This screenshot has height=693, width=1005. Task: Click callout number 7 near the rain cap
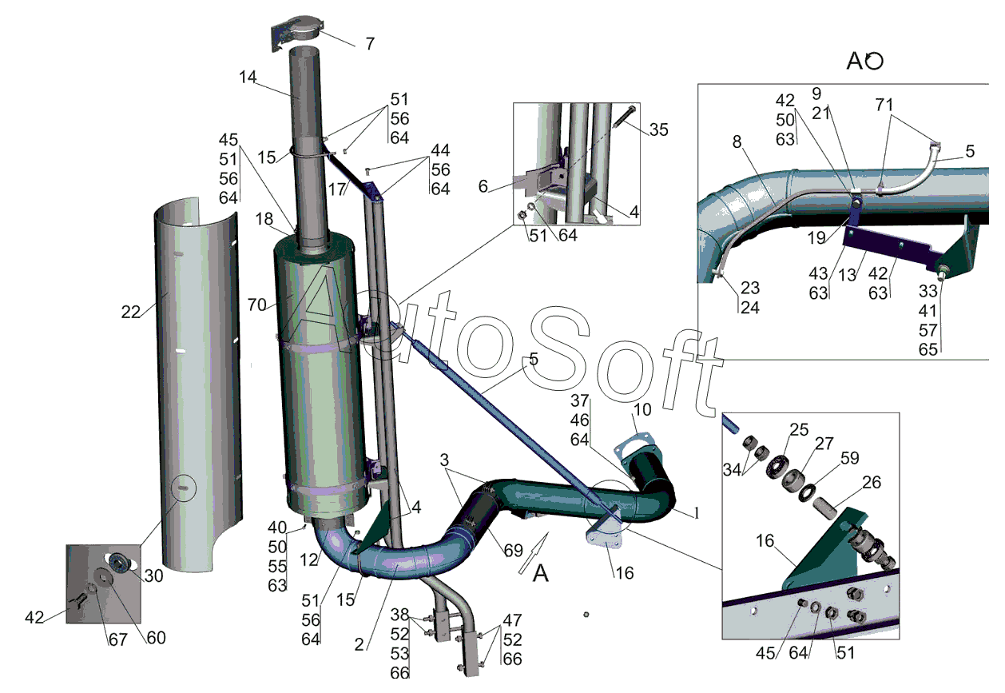[x=370, y=44]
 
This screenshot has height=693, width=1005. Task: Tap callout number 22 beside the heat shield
[x=130, y=312]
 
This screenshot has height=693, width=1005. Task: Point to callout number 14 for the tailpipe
[x=248, y=78]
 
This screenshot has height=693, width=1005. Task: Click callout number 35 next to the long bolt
[x=658, y=129]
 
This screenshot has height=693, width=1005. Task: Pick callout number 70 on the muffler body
[x=257, y=305]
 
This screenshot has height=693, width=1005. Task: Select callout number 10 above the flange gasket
[x=642, y=409]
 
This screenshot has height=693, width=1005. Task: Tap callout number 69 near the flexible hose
[x=513, y=550]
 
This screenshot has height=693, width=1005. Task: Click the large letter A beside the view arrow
[x=540, y=573]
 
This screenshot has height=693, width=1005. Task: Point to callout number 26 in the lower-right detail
[x=872, y=482]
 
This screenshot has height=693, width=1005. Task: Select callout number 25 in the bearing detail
[x=799, y=429]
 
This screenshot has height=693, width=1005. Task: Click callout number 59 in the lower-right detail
[x=850, y=458]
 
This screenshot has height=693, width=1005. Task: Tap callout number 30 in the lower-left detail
[x=153, y=576]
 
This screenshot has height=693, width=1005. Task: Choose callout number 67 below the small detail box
[x=118, y=639]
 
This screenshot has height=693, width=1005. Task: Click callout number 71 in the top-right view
[x=884, y=105]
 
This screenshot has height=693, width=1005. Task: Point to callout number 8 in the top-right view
[x=737, y=141]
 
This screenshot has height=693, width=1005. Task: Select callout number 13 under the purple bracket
[x=847, y=275]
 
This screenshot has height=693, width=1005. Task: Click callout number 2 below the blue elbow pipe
[x=359, y=644]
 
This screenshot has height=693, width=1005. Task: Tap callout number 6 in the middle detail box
[x=483, y=186]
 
